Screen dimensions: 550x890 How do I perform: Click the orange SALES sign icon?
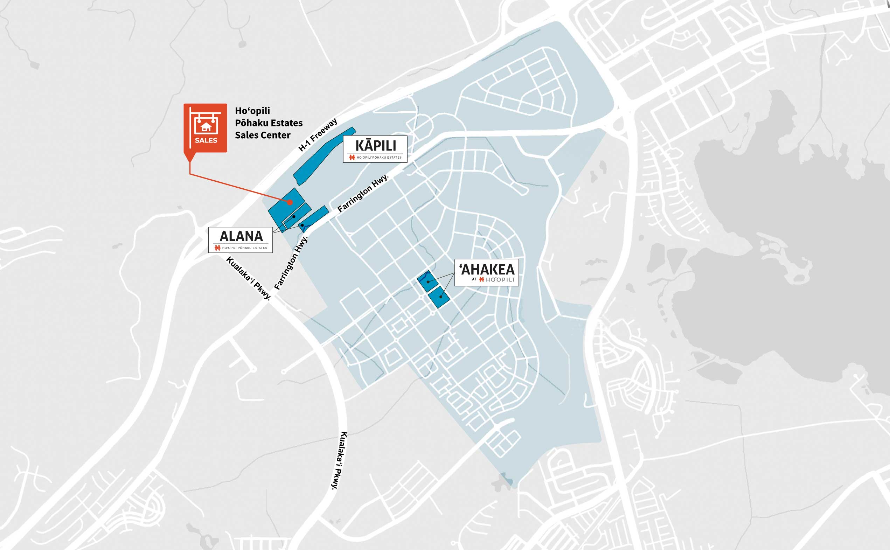coord(205,128)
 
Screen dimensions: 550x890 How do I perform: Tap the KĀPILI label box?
coord(375,149)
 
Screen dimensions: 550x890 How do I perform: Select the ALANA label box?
coord(241,239)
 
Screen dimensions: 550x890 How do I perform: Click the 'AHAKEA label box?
coord(487,272)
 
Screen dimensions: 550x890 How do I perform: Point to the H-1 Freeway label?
coord(318,134)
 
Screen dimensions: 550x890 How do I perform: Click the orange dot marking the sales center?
coord(290,202)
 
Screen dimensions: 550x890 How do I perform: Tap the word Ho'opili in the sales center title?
coord(252,111)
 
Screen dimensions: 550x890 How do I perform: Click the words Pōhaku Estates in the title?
coord(269,123)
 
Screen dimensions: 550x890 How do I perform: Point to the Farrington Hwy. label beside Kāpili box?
coord(363,193)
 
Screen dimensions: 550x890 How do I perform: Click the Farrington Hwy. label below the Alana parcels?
coord(291,263)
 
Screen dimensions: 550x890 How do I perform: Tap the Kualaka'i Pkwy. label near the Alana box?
coord(249,278)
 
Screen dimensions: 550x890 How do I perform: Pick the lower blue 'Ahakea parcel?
coord(439,297)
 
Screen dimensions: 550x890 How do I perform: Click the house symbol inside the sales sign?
coord(206,127)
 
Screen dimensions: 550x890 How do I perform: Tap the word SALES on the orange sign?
coord(206,140)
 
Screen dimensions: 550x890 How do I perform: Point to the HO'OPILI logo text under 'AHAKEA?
coord(500,280)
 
